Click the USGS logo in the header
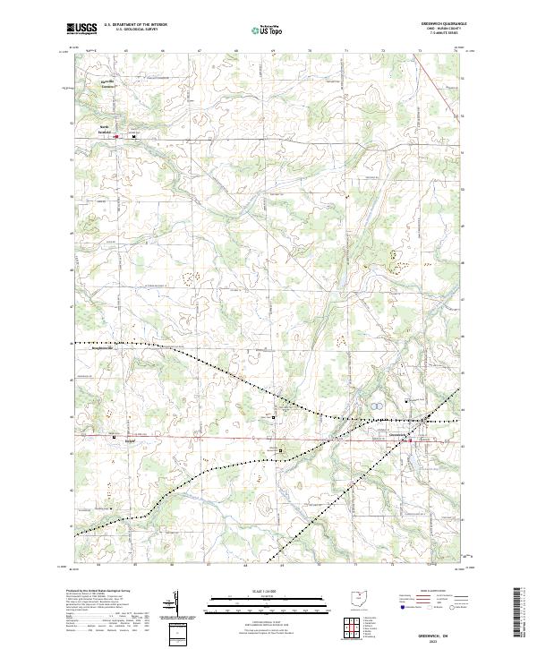(82, 30)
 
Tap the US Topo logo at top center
(259, 30)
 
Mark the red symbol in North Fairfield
(115, 137)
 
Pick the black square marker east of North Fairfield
(134, 137)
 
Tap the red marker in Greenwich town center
(411, 440)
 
